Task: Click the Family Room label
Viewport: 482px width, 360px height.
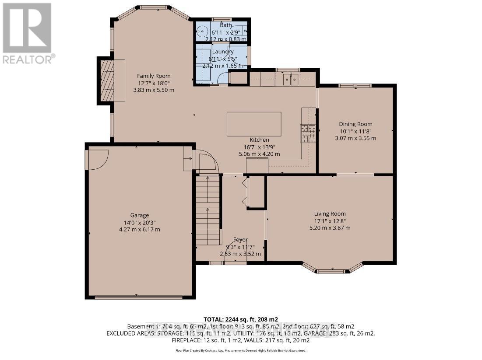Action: (x=153, y=76)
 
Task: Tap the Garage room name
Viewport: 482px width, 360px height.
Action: (x=139, y=215)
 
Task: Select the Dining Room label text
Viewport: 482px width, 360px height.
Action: (x=355, y=124)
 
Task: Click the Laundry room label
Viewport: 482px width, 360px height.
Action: (x=222, y=52)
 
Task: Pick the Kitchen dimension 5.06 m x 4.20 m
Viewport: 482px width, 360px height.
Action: (x=259, y=154)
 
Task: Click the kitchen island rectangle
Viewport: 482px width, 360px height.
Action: (x=254, y=124)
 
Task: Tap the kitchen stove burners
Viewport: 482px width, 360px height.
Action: (x=308, y=133)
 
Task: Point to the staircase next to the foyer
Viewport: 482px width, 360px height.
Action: (x=208, y=210)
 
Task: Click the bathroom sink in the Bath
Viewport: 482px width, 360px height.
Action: (x=202, y=31)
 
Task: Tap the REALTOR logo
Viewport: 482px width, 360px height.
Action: (x=28, y=33)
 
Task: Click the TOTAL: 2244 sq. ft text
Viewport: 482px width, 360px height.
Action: (x=241, y=319)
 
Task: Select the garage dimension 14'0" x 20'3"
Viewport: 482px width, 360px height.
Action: (x=139, y=222)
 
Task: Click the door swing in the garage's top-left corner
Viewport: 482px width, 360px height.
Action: (x=97, y=159)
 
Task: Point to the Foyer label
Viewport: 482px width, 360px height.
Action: (x=240, y=240)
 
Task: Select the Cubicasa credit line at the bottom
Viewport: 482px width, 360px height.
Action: (x=241, y=350)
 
